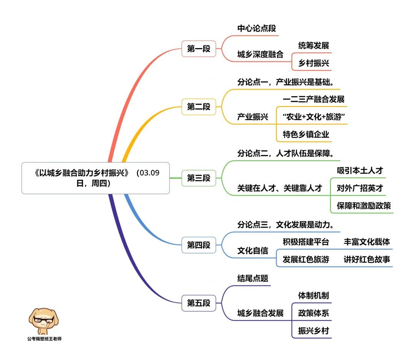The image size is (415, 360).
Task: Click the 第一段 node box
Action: [x=199, y=49]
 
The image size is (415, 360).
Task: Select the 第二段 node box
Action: [x=199, y=107]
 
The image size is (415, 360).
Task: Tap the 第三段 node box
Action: [x=199, y=178]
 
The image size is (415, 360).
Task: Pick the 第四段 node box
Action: [x=199, y=245]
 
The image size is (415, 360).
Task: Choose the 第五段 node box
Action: [x=199, y=303]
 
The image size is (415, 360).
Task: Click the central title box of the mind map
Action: [x=96, y=178]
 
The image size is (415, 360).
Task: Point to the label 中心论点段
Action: [x=256, y=28]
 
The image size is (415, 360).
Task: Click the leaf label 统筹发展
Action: [x=314, y=45]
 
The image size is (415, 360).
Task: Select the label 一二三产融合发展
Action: [x=314, y=99]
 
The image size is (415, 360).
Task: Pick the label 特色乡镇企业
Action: [x=306, y=135]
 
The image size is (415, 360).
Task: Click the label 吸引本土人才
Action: [x=360, y=170]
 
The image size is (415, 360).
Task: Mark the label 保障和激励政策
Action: [x=364, y=206]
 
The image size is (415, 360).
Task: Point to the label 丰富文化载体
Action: [x=367, y=242]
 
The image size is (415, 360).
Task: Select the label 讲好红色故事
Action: [x=367, y=260]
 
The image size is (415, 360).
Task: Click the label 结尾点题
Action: [x=252, y=278]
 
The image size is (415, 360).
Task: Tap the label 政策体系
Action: [x=314, y=313]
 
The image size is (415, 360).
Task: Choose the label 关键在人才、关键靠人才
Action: [x=279, y=188]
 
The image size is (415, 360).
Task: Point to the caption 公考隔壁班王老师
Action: [x=44, y=339]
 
